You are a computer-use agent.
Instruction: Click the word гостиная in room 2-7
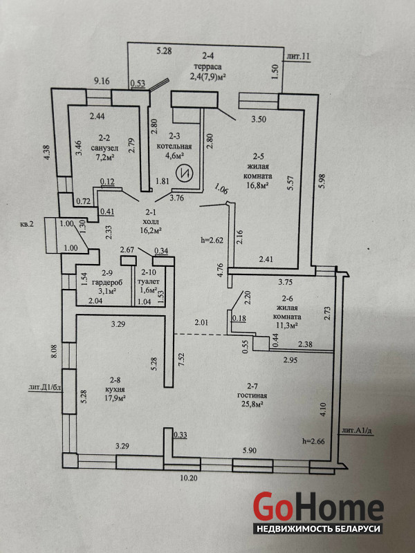click(252, 395)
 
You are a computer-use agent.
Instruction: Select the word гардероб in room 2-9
click(104, 282)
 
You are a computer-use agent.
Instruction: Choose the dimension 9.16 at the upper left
click(102, 81)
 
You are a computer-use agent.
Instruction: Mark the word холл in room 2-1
click(150, 222)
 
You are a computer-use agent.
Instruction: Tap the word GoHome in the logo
click(318, 507)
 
